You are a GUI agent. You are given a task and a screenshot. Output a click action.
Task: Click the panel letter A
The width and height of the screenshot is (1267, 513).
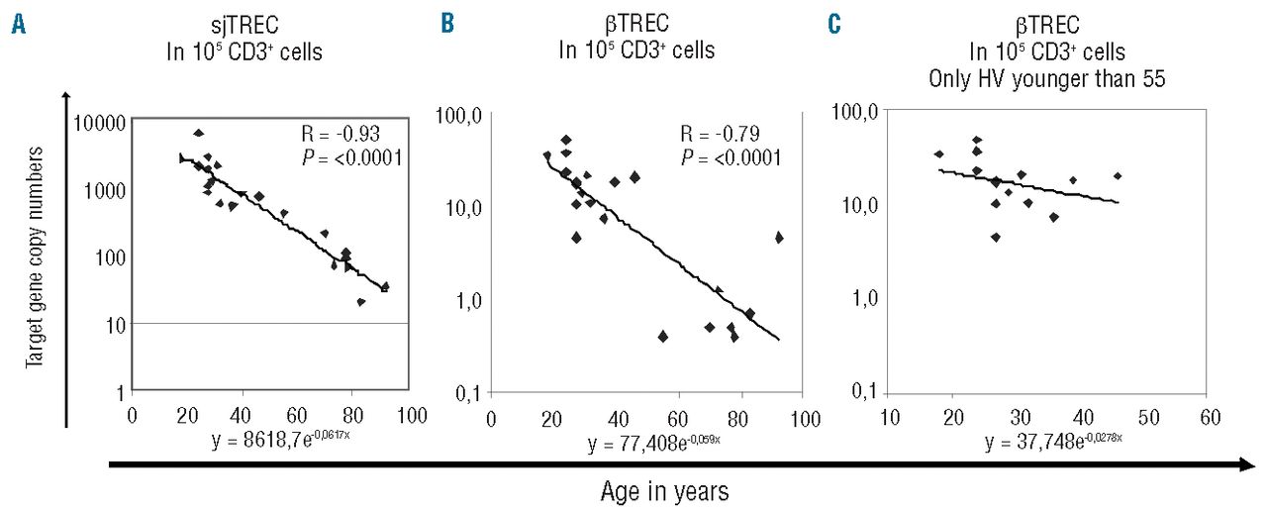tap(18, 27)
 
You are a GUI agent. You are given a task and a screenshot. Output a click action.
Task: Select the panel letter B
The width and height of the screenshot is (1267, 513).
tap(448, 27)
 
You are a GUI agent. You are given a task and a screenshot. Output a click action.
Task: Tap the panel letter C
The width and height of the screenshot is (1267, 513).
tap(832, 27)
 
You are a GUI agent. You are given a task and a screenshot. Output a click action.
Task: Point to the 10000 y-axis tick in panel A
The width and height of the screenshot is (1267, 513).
tap(97, 122)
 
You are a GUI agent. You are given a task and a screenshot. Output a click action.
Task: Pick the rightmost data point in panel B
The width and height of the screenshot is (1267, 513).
tap(779, 237)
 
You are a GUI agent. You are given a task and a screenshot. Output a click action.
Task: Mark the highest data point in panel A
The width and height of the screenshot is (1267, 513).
tap(198, 133)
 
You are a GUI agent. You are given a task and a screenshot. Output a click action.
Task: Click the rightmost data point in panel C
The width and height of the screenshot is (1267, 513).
tap(1118, 175)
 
